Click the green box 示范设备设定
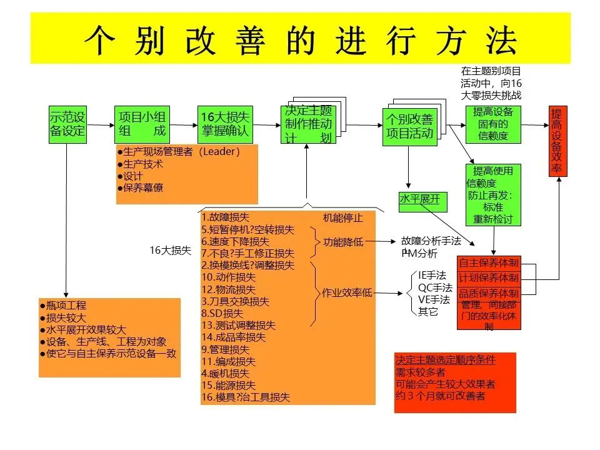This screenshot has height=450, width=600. click(67, 123)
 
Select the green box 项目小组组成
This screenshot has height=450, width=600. click(142, 123)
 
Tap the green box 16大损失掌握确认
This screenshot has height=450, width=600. click(224, 123)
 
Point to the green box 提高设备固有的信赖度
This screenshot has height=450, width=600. click(493, 123)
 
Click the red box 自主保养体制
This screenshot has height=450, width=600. click(489, 262)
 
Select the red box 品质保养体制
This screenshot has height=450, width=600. click(489, 293)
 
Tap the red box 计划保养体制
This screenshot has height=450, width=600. click(489, 277)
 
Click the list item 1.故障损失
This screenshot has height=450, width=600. click(226, 218)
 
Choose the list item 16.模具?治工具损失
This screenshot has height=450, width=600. click(246, 397)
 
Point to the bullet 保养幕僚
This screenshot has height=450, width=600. click(142, 187)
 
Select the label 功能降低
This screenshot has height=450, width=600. click(343, 242)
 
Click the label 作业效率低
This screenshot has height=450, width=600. click(347, 292)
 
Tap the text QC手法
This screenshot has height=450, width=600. click(435, 287)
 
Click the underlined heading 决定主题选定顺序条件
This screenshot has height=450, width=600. click(445, 360)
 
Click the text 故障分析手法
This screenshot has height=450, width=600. click(431, 241)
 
